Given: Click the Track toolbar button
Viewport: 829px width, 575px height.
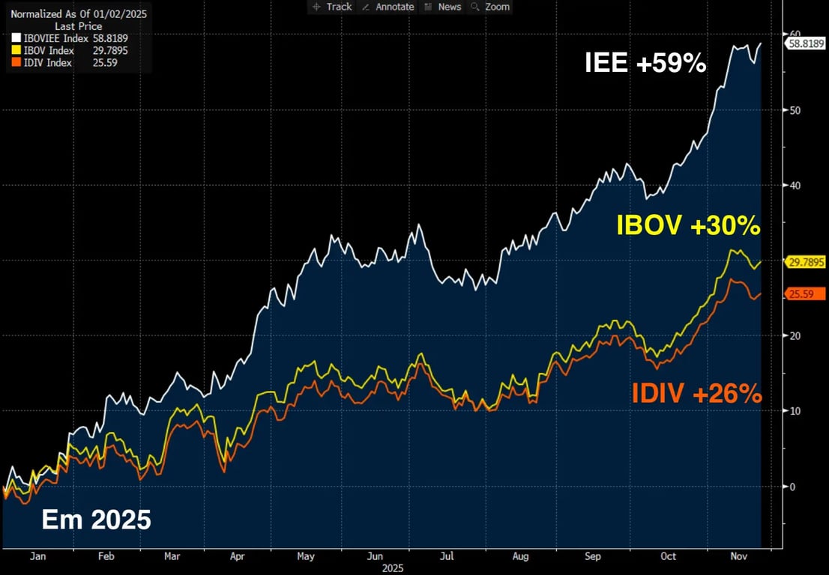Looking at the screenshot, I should [332, 7].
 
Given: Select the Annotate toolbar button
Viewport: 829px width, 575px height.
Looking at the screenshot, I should [388, 7].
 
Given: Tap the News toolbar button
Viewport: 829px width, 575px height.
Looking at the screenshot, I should [443, 7].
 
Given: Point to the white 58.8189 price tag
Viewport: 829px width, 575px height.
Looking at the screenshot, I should [805, 43].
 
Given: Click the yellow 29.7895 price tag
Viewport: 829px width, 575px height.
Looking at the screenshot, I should [805, 261].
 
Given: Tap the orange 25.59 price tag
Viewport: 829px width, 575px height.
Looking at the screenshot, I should [800, 293].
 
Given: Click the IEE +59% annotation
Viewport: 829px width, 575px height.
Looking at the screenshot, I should [645, 64].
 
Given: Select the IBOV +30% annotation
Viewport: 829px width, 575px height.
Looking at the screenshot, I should [688, 225].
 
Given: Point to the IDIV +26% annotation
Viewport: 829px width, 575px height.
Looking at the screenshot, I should [696, 393].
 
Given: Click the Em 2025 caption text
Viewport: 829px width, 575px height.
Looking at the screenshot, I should [96, 520].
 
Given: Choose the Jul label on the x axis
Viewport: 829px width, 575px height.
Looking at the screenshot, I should [447, 556].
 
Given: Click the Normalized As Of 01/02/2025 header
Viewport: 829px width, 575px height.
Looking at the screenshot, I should [78, 14].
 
